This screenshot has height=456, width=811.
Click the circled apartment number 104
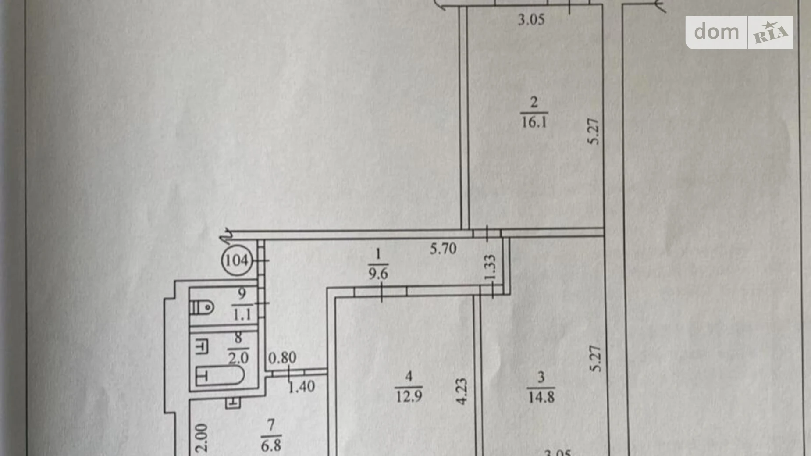point(237,260)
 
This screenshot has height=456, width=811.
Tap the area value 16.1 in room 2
point(534,122)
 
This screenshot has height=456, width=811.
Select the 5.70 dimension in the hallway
point(443,249)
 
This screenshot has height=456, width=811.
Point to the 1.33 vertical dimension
point(491,267)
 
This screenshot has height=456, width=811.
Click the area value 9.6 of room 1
point(378,274)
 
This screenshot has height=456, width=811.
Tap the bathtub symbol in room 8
point(220,376)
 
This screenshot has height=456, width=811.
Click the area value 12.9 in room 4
point(409,397)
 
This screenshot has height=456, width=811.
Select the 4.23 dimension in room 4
point(462,391)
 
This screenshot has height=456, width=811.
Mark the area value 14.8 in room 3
point(541,397)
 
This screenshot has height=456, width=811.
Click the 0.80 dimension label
point(282,358)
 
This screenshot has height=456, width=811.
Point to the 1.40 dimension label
point(301,386)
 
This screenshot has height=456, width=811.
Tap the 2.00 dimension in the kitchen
point(201,438)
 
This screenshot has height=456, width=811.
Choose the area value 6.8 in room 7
point(271,445)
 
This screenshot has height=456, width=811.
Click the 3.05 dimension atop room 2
point(531,20)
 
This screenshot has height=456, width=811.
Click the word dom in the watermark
point(716,32)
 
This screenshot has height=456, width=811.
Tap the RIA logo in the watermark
point(771,33)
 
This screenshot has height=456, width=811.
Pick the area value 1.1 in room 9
point(242,314)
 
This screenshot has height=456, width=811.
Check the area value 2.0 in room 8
point(238,358)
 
